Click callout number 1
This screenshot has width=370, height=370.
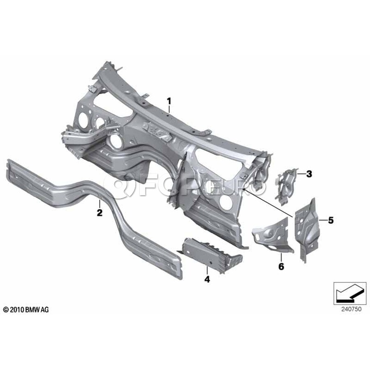[169, 102]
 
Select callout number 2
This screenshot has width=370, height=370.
[99, 213]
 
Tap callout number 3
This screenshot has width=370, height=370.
[309, 174]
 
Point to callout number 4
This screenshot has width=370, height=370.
[207, 279]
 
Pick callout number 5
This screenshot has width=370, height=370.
[331, 220]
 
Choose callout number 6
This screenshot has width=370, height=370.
[281, 267]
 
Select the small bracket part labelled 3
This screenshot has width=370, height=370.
[287, 186]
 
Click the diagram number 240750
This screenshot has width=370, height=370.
[351, 309]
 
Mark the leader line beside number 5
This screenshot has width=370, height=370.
[323, 220]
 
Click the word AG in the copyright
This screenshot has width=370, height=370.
[45, 310]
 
